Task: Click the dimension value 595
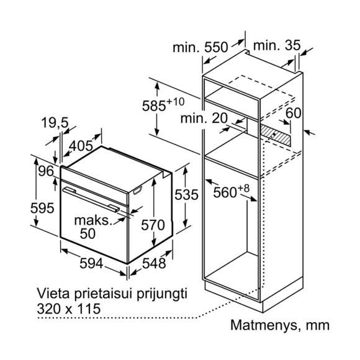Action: coord(42,208)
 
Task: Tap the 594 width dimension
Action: coord(91,263)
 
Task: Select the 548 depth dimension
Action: coord(154,263)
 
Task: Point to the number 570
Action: coord(153,225)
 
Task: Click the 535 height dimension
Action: coord(186,195)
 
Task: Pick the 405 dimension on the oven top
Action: coord(81,146)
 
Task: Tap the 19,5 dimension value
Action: coord(55,123)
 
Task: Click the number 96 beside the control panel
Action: coord(46,171)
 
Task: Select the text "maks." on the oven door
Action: coord(94,220)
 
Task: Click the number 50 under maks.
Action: coord(88,233)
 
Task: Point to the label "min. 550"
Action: coord(200,47)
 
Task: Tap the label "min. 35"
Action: coord(277,45)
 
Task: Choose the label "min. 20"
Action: coord(204,118)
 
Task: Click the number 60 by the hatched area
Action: coord(294,113)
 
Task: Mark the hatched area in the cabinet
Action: coord(275,135)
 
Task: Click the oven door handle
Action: coord(91,199)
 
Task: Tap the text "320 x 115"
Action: coord(69,308)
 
